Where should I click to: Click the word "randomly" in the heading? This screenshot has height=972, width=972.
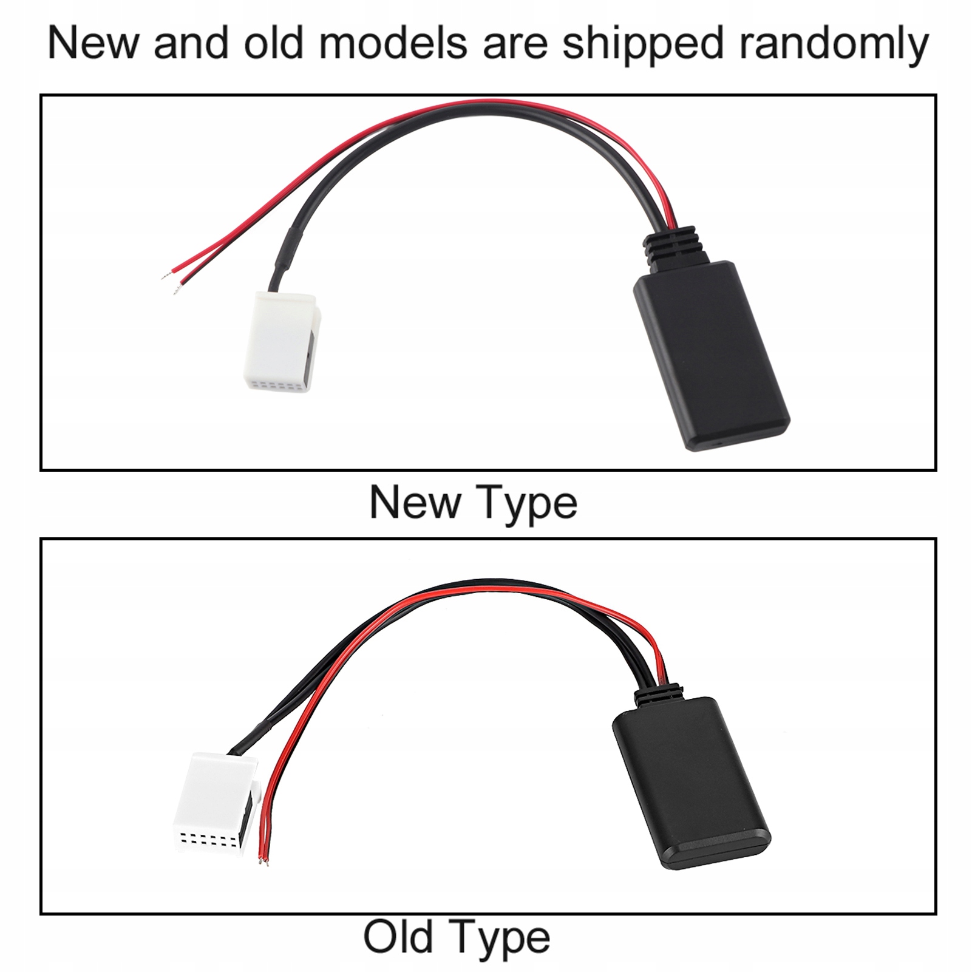pos(827,44)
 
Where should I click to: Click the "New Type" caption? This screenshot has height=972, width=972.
pos(474,503)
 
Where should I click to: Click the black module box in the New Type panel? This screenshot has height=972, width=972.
pos(712,355)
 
